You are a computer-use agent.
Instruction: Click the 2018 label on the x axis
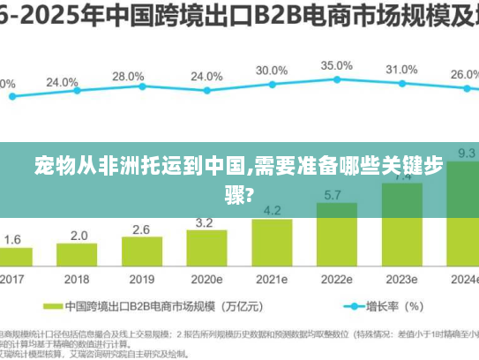coord(79,279)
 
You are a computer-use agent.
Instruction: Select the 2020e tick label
coord(207,279)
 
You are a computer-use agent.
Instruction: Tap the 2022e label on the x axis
coord(336,279)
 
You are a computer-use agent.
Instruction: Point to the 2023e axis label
coord(400,279)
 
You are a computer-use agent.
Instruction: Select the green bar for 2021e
coord(272,244)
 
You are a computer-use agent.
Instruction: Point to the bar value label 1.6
coord(13,239)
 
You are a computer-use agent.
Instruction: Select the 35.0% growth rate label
coord(335,65)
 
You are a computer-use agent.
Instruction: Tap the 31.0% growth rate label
coord(400,69)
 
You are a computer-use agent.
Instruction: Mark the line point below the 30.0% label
coord(272,84)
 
